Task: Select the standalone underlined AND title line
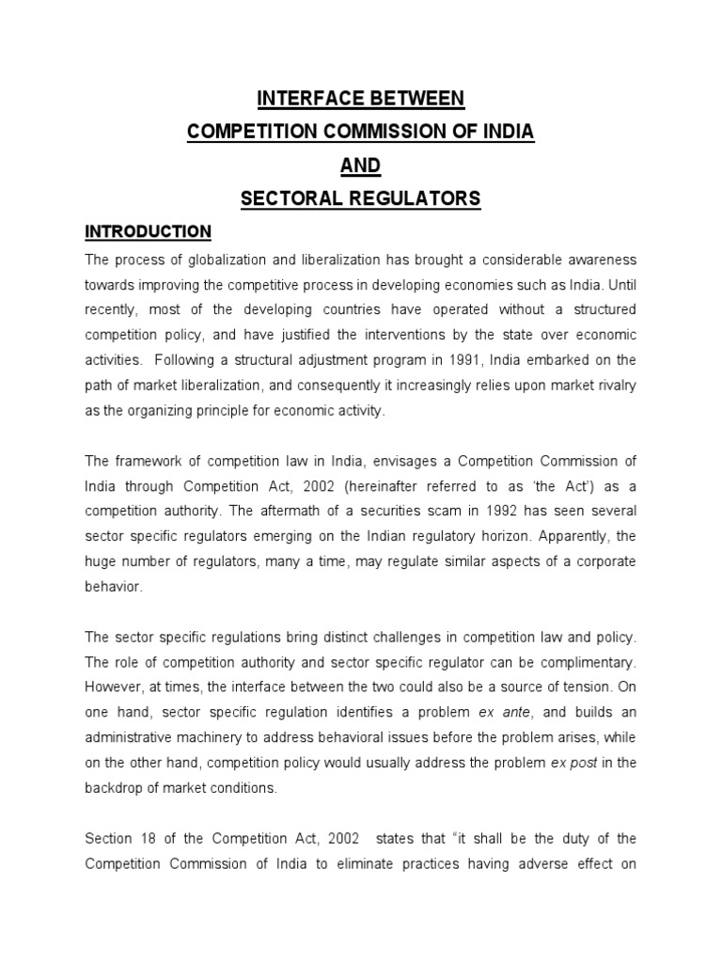point(360,165)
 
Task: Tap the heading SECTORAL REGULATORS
point(360,198)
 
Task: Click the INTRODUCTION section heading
point(148,231)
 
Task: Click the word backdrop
point(118,789)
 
